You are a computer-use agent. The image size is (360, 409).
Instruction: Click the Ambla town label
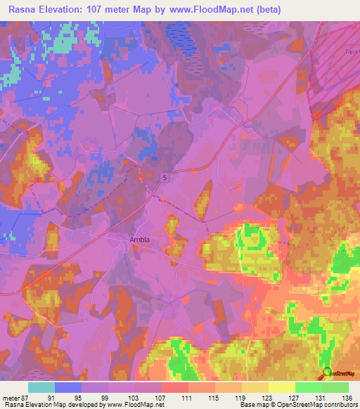(140, 240)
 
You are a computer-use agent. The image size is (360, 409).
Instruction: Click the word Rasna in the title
(22, 10)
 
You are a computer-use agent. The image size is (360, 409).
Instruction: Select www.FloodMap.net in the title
(250, 10)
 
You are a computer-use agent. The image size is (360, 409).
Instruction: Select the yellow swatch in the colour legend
(281, 387)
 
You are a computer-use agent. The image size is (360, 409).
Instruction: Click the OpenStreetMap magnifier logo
(326, 372)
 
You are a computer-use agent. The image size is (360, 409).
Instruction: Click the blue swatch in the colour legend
(68, 387)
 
